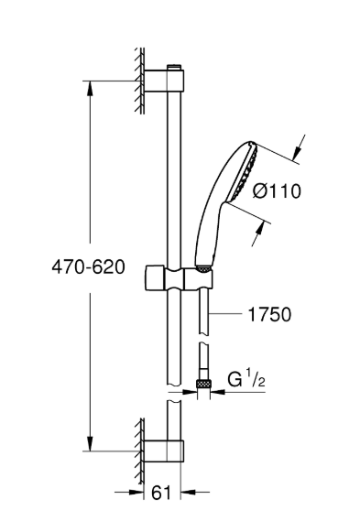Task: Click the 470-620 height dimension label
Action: (x=88, y=267)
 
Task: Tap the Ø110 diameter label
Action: (x=277, y=190)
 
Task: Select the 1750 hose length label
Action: (x=270, y=314)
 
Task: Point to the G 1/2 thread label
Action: (x=245, y=379)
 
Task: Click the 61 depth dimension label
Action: (x=161, y=492)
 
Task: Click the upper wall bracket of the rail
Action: (x=165, y=81)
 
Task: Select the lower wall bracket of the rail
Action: (x=165, y=451)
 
